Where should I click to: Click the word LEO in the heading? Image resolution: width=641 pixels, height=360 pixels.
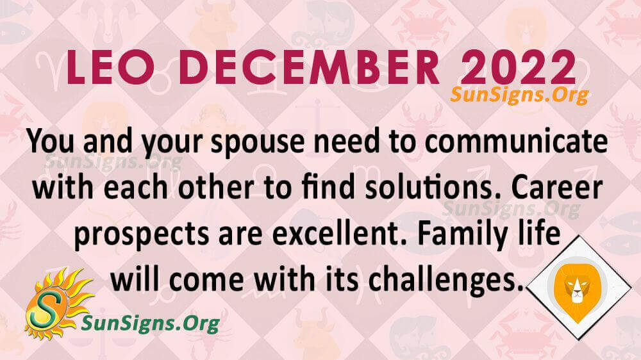coord(110,67)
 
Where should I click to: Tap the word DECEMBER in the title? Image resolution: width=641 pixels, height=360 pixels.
coord(309,67)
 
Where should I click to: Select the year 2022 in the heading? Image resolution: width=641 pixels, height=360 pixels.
coord(519,67)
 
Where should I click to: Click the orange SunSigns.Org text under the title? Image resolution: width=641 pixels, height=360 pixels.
coord(520,95)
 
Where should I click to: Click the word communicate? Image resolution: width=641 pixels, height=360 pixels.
coord(516,142)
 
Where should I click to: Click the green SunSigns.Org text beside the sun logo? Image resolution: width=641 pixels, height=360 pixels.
coord(151,324)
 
